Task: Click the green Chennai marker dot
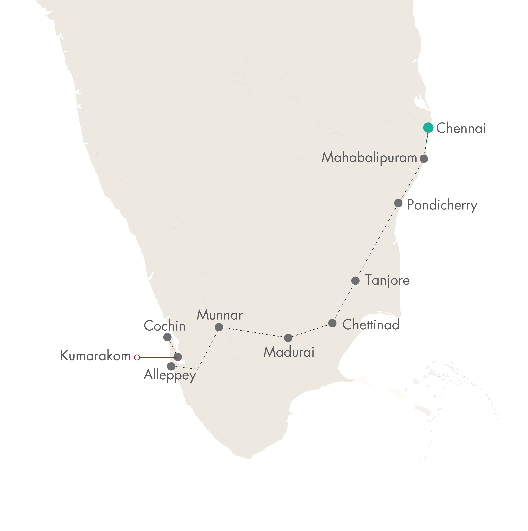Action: pyautogui.click(x=428, y=127)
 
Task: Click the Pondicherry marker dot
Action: pyautogui.click(x=398, y=203)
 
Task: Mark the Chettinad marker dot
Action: pyautogui.click(x=332, y=323)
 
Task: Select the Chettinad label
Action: pyautogui.click(x=371, y=325)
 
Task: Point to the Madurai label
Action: pyautogui.click(x=289, y=352)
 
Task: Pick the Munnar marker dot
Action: pyautogui.click(x=219, y=327)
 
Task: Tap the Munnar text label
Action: pyautogui.click(x=220, y=315)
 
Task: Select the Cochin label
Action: pyautogui.click(x=165, y=326)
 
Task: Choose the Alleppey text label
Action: pyautogui.click(x=170, y=375)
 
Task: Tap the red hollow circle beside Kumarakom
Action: pyautogui.click(x=137, y=357)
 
